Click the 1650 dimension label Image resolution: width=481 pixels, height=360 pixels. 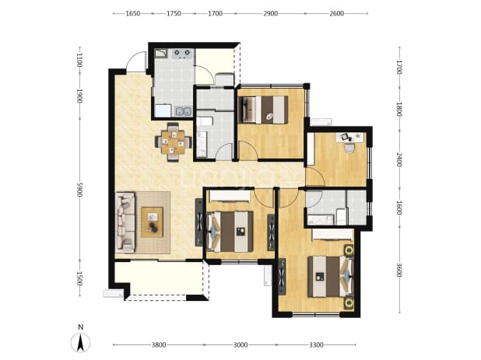[x=133, y=13]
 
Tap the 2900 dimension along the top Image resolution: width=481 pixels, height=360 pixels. [x=271, y=13]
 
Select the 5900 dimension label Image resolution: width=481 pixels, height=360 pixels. [x=79, y=190]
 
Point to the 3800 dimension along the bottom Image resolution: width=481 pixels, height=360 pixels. [x=159, y=345]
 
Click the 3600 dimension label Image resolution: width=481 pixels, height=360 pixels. [x=399, y=270]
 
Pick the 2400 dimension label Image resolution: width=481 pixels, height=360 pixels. [x=399, y=159]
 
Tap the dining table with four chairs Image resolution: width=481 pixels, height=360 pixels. [x=174, y=142]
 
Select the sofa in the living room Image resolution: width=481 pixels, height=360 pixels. [x=125, y=222]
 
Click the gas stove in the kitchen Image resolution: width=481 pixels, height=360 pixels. [x=182, y=54]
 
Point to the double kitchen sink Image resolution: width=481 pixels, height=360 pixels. [x=183, y=111]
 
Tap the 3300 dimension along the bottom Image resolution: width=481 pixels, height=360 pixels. [x=316, y=345]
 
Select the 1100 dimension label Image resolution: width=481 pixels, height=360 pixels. [x=79, y=60]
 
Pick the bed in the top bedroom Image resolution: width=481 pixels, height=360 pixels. [x=263, y=110]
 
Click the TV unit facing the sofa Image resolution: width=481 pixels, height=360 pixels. [x=199, y=222]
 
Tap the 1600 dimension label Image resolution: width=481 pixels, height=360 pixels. [x=399, y=208]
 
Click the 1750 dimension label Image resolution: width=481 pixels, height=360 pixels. [x=174, y=13]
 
